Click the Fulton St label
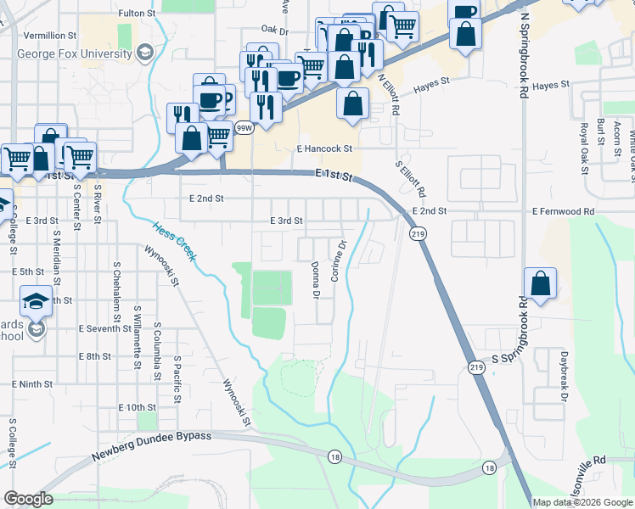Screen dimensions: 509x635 [x=137, y=14]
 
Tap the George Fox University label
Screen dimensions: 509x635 [x=75, y=54]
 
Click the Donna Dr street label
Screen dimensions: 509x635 [x=314, y=281]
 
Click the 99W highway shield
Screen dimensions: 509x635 [x=244, y=128]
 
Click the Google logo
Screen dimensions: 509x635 [x=28, y=499]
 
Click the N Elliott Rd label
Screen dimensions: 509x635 [x=389, y=92]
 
